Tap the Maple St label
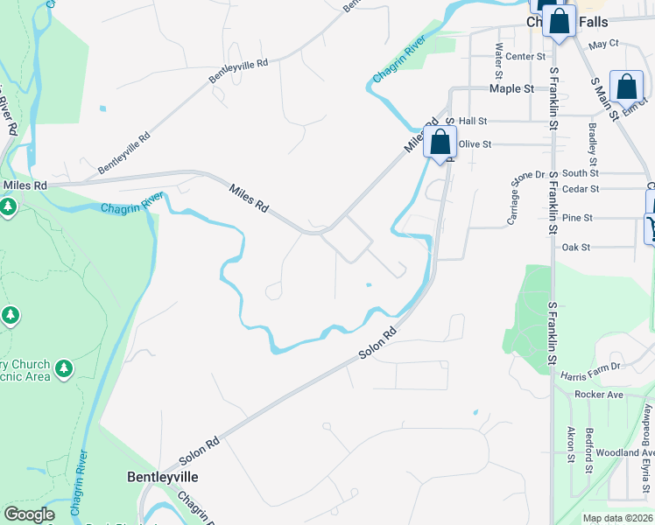511,88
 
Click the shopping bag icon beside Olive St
440,141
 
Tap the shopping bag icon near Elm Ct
626,87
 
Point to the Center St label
525,57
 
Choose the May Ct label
603,43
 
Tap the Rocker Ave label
598,395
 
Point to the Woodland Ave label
618,452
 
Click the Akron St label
570,444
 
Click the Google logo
29,514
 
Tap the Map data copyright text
617,518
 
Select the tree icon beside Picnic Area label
63,369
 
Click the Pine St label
577,217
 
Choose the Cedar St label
581,188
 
